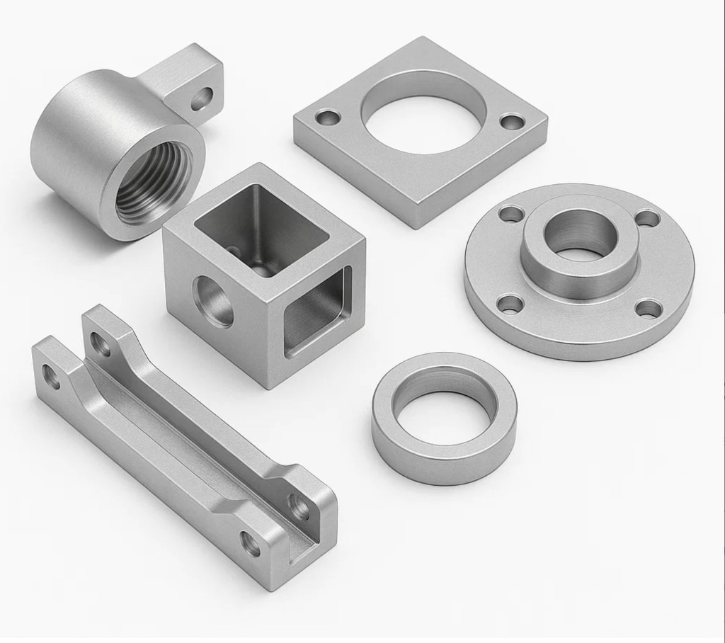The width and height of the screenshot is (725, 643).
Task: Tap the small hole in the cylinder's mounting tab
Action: (203, 98)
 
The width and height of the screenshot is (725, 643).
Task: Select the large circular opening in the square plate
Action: (423, 117)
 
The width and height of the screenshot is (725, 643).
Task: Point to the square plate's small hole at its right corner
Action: (512, 121)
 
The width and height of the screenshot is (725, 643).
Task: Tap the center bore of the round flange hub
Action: (579, 237)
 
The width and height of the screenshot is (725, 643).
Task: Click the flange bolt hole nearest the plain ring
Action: (510, 305)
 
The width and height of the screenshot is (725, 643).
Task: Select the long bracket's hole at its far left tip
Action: (52, 375)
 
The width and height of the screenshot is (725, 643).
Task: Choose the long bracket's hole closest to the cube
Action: (101, 345)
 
